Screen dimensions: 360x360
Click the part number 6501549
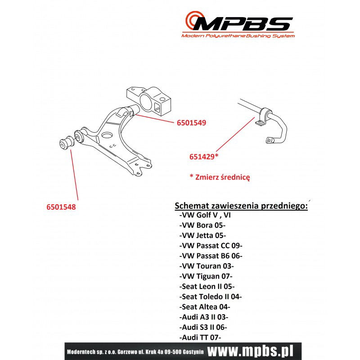point(192,123)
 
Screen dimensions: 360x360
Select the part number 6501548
point(61,207)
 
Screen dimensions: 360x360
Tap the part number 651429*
point(204,157)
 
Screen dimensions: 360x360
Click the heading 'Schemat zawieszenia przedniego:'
point(241,206)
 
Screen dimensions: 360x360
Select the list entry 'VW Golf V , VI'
point(205,215)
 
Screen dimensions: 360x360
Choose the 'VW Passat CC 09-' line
point(211,246)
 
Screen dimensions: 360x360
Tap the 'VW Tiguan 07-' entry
point(206,276)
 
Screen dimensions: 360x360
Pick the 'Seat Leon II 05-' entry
point(207,287)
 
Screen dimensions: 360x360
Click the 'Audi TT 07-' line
point(200,337)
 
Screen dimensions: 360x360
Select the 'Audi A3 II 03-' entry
point(204,317)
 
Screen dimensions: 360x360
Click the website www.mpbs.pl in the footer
point(250,351)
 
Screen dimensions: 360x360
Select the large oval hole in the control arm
point(107,135)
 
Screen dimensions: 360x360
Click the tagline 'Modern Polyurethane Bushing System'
point(238,36)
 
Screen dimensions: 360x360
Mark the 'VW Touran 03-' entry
point(207,266)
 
